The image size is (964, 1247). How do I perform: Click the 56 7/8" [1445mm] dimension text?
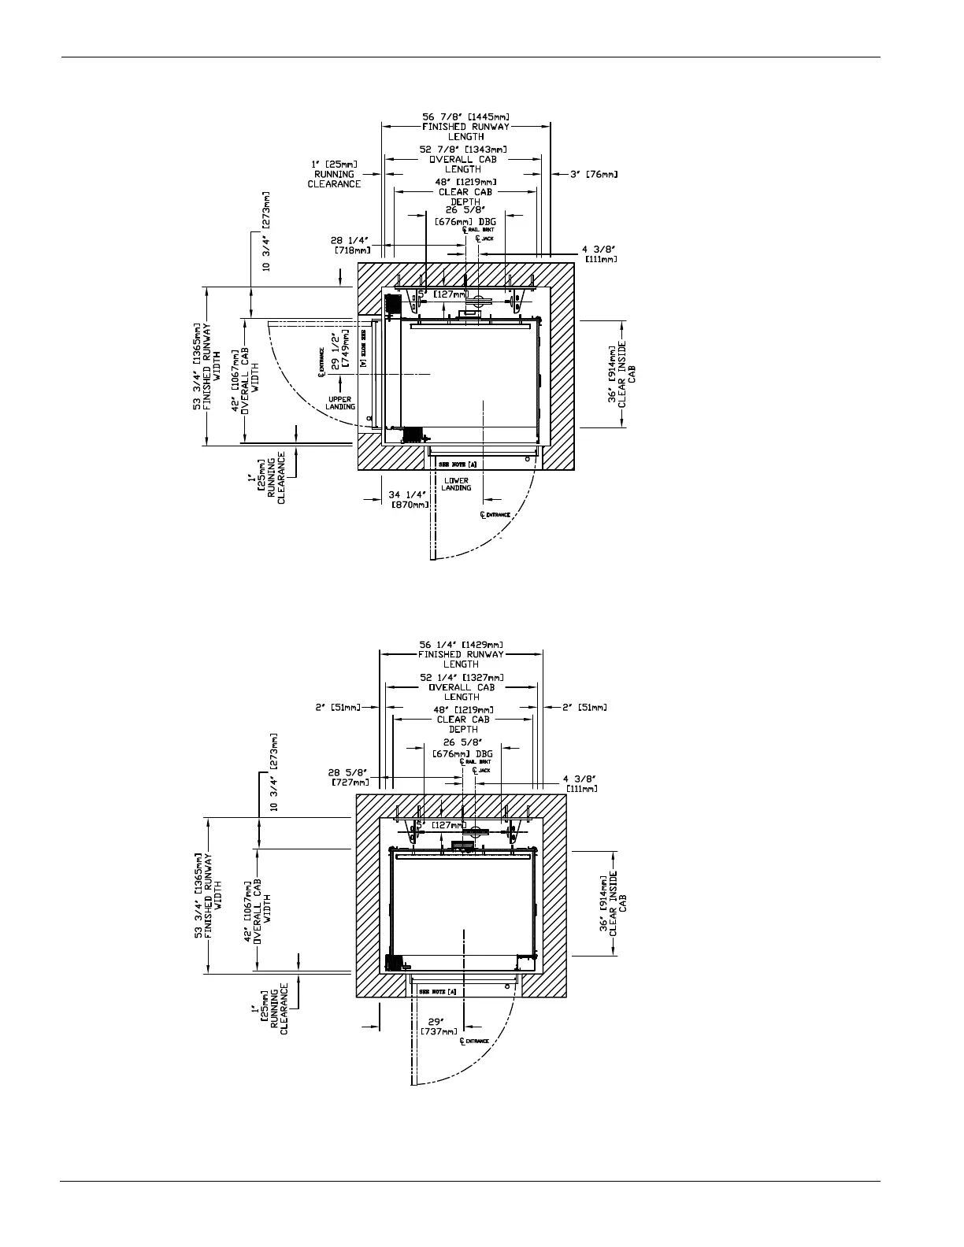pos(465,117)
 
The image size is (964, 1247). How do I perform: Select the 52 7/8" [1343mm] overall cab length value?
pos(463,150)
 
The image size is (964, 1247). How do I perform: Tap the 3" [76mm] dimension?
pos(593,174)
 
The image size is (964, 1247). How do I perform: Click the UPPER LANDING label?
pos(340,403)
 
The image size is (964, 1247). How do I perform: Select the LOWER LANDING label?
pos(456,483)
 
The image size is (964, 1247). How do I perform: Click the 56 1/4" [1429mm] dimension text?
pos(461,644)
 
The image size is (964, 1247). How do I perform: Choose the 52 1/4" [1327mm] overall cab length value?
pos(462,677)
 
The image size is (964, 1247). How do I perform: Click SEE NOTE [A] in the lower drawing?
pos(438,991)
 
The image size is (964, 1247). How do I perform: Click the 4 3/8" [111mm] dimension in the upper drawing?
pos(599,253)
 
